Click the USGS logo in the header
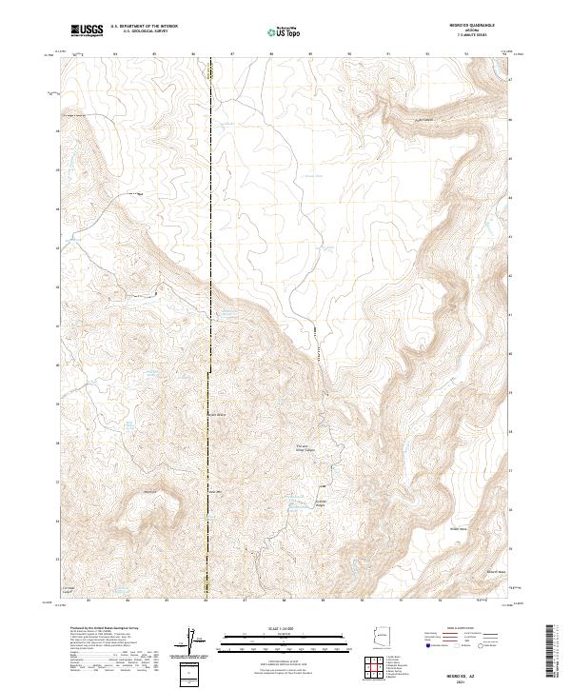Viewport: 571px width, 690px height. [88, 31]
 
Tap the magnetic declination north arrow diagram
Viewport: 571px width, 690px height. [193, 640]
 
